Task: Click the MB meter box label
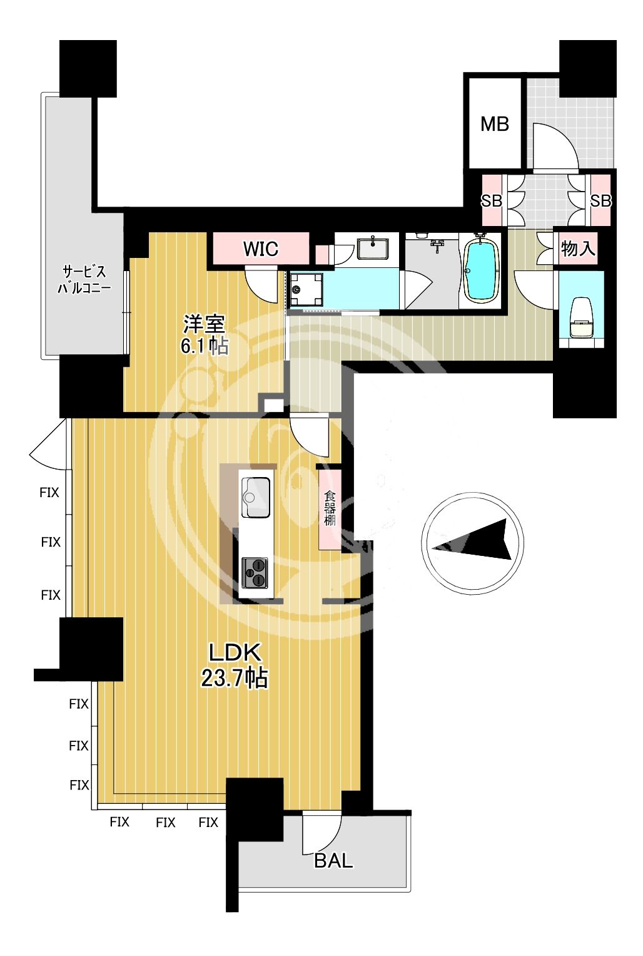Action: pos(495,124)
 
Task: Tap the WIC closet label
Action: pos(261,249)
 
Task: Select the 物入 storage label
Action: pos(578,248)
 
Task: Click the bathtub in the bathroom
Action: pos(482,270)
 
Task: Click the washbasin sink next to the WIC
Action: pos(373,249)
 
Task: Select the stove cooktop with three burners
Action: pos(255,573)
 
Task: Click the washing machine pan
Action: pos(306,290)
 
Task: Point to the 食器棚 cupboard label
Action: pos(330,508)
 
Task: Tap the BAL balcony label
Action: pos(333,861)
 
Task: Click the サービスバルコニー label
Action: pos(84,279)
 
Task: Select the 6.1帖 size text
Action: pos(205,346)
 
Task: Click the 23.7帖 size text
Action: pos(234,677)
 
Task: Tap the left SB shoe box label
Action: pos(492,200)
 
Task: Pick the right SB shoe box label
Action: pos(601,200)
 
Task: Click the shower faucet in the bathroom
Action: pos(438,245)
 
